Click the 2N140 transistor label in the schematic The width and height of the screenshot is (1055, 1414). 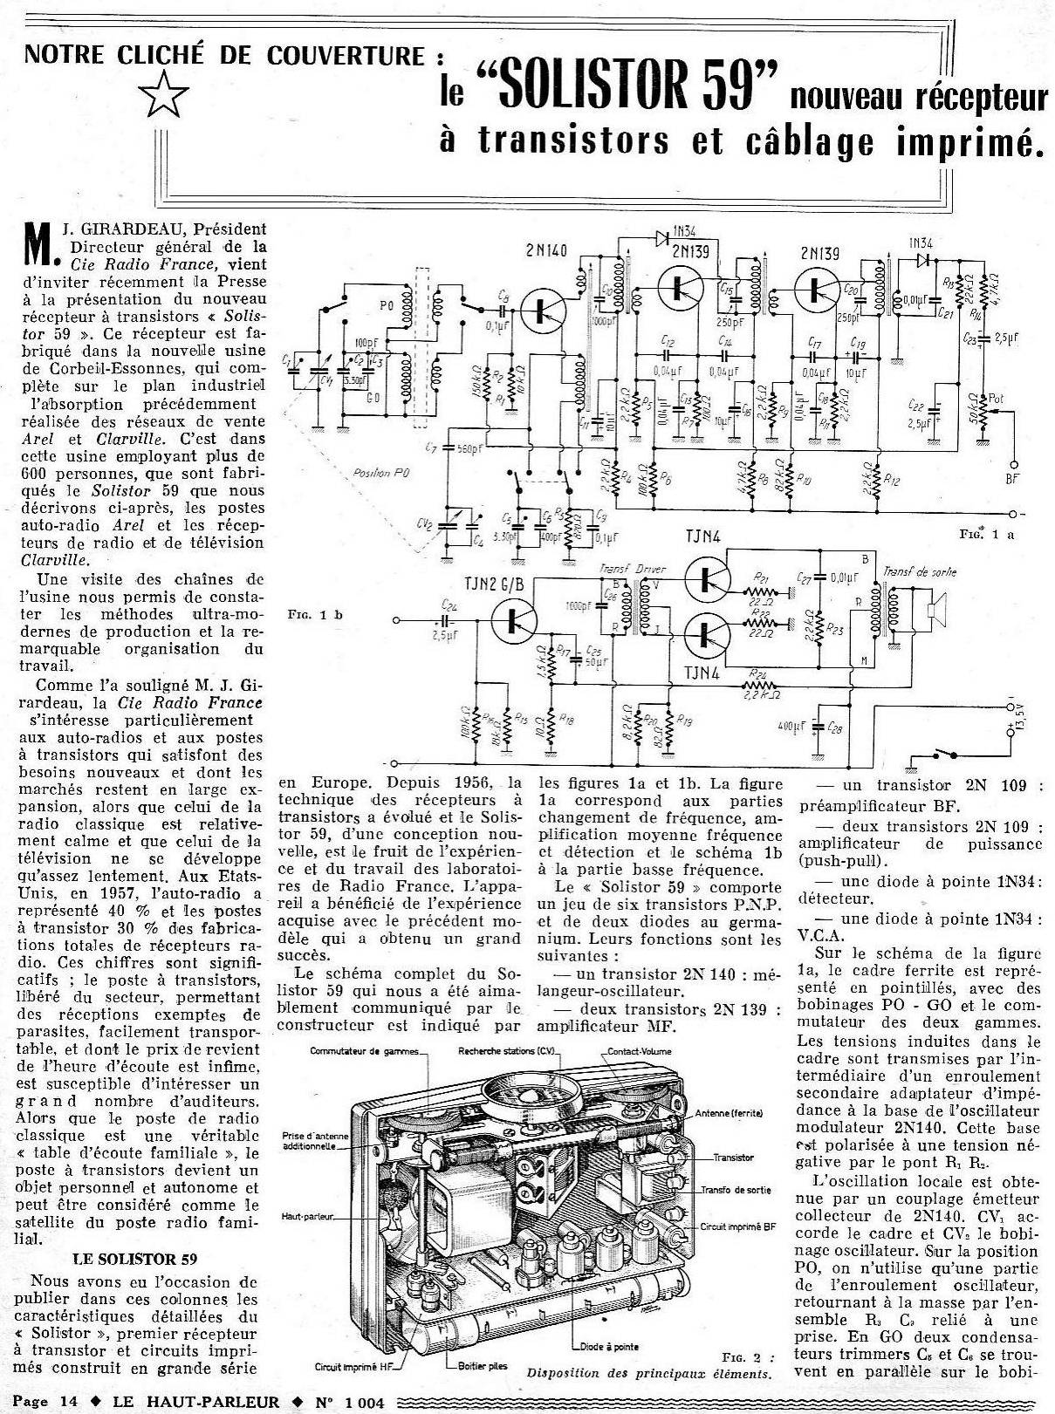(x=547, y=251)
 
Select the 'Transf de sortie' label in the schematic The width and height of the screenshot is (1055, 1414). (x=920, y=572)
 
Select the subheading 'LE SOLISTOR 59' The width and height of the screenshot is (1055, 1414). (x=134, y=1258)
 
